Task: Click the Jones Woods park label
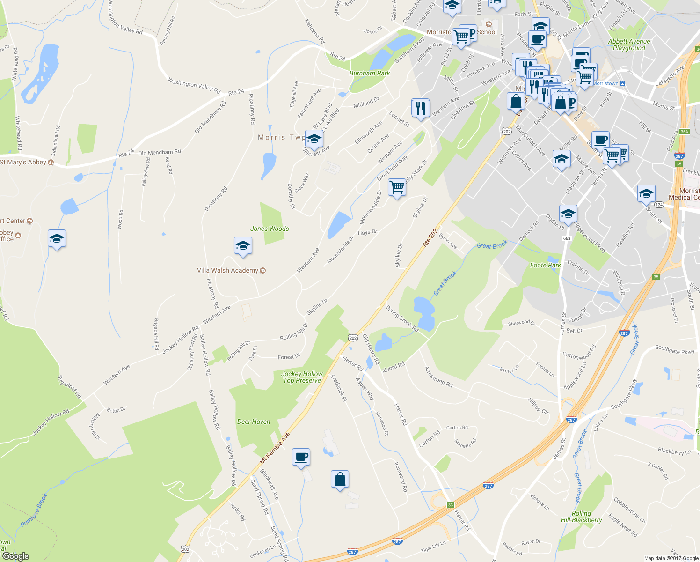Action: tap(270, 229)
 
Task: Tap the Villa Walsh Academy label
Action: tap(228, 270)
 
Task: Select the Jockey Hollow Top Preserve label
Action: tap(302, 377)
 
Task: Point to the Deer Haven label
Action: tap(254, 421)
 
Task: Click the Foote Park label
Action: tap(545, 265)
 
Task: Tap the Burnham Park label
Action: tap(370, 73)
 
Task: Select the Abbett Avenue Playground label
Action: tap(629, 44)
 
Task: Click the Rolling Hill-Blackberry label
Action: tap(581, 517)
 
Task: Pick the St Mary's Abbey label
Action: tap(23, 162)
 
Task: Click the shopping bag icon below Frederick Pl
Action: tap(340, 479)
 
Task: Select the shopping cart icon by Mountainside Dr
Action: tap(397, 187)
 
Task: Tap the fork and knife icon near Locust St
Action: tap(420, 108)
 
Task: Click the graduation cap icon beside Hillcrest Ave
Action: tap(314, 139)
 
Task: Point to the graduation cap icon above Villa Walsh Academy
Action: tap(243, 246)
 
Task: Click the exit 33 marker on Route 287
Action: tap(450, 505)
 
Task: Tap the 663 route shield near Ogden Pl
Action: tap(567, 238)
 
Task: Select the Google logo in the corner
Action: tap(15, 556)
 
